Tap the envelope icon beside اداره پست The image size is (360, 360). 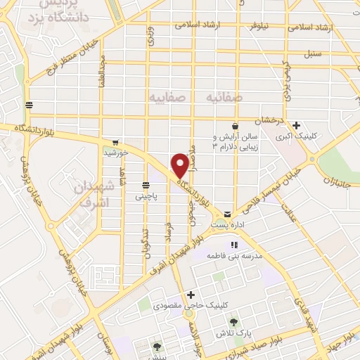pyautogui.click(x=226, y=213)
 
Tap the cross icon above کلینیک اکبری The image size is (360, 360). pyautogui.click(x=297, y=124)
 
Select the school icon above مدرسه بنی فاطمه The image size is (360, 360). pyautogui.click(x=233, y=244)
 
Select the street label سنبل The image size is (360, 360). pyautogui.click(x=312, y=53)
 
